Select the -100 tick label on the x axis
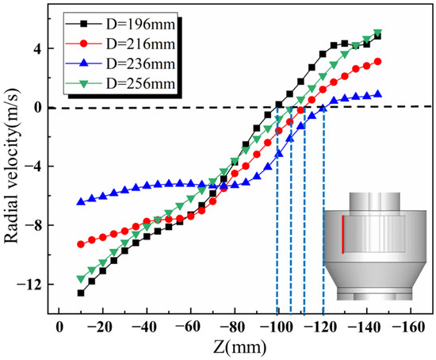[x=277, y=327]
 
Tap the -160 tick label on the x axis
[x=408, y=327]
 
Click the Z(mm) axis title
[x=235, y=347]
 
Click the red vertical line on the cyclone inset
[x=342, y=234]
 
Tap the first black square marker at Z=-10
[x=81, y=293]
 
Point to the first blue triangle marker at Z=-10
[x=81, y=201]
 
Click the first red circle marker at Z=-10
[x=81, y=244]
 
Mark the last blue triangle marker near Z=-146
[x=378, y=94]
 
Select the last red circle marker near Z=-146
[x=378, y=62]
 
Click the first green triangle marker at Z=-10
[x=81, y=278]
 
